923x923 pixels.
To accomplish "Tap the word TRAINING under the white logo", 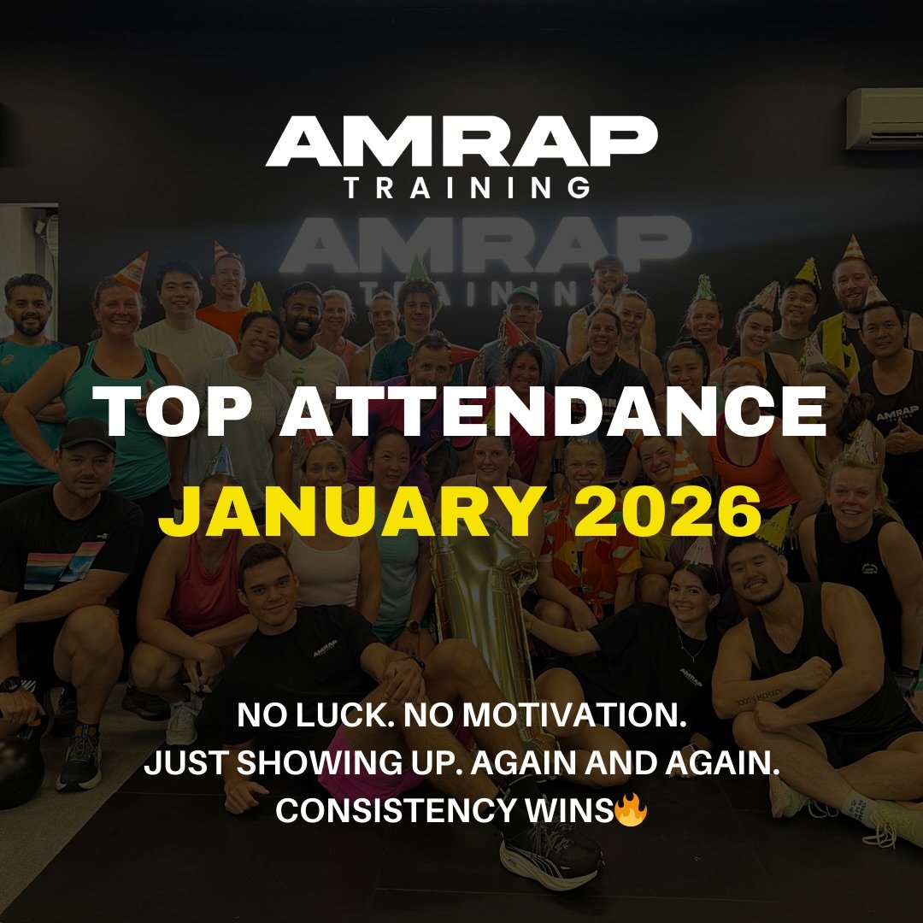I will point(467,187).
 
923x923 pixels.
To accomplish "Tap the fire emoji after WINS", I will point(629,810).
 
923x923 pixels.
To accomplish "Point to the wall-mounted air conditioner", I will point(884,121).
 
